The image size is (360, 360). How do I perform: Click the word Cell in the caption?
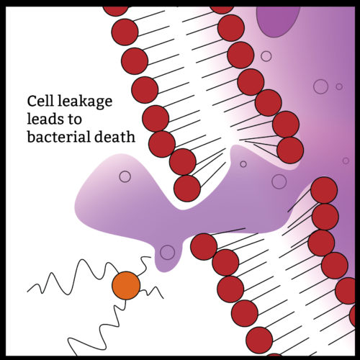pos(40,101)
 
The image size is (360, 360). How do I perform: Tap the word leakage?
pos(85,102)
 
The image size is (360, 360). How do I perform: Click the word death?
pos(114,137)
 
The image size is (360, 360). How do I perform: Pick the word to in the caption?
pos(74,120)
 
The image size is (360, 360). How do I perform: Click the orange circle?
pos(126,285)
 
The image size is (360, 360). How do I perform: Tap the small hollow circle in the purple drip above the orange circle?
pos(167,252)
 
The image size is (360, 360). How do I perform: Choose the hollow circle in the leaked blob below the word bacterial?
pos(125,176)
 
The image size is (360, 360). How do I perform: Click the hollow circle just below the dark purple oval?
pos(266,56)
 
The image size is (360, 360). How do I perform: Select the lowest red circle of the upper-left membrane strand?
pos(187,188)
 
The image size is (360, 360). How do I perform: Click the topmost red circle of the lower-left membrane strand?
pos(204,246)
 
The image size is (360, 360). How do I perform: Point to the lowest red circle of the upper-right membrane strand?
pos(290,150)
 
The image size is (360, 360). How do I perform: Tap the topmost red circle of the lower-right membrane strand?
pos(324,190)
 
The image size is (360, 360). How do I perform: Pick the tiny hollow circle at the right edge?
pos(346,161)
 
